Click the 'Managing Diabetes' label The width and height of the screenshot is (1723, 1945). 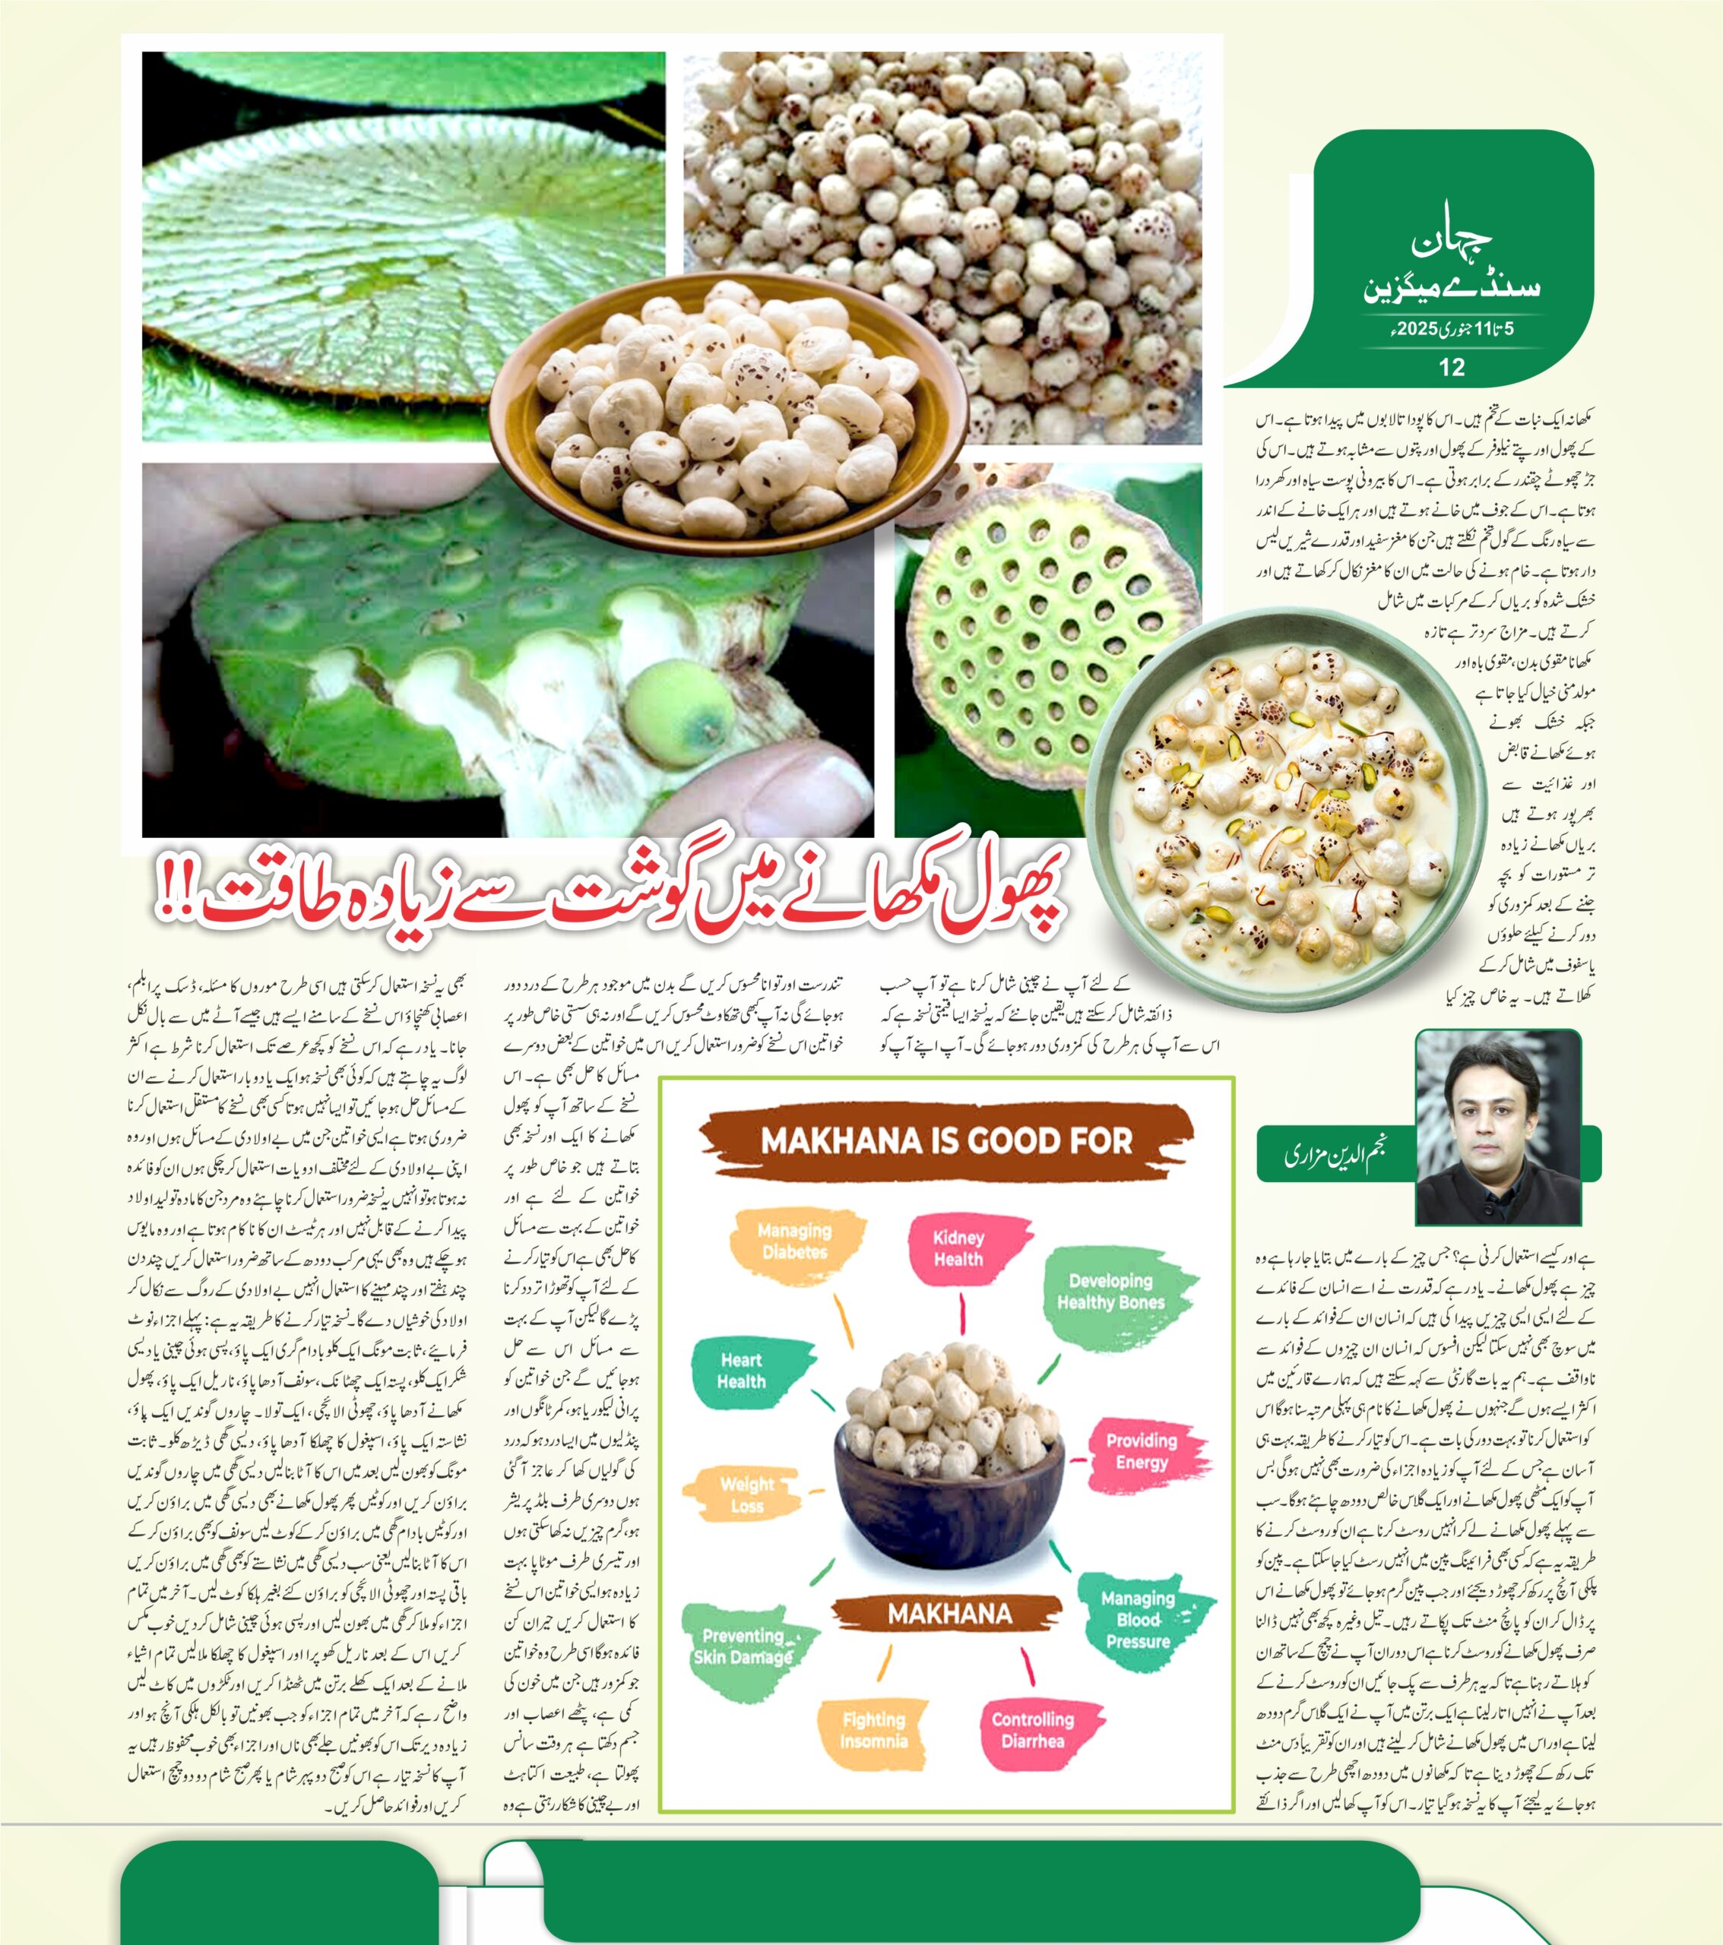pyautogui.click(x=795, y=1241)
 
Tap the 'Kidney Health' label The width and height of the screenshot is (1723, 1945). pyautogui.click(x=958, y=1248)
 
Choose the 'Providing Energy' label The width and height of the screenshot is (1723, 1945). pyautogui.click(x=1142, y=1450)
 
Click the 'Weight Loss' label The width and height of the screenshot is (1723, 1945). pyautogui.click(x=747, y=1494)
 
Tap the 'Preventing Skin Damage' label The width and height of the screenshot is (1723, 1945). pyautogui.click(x=743, y=1646)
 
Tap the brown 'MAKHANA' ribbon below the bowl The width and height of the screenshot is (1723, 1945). pyautogui.click(x=949, y=1614)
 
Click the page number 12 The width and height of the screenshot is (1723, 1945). pyautogui.click(x=1452, y=367)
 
